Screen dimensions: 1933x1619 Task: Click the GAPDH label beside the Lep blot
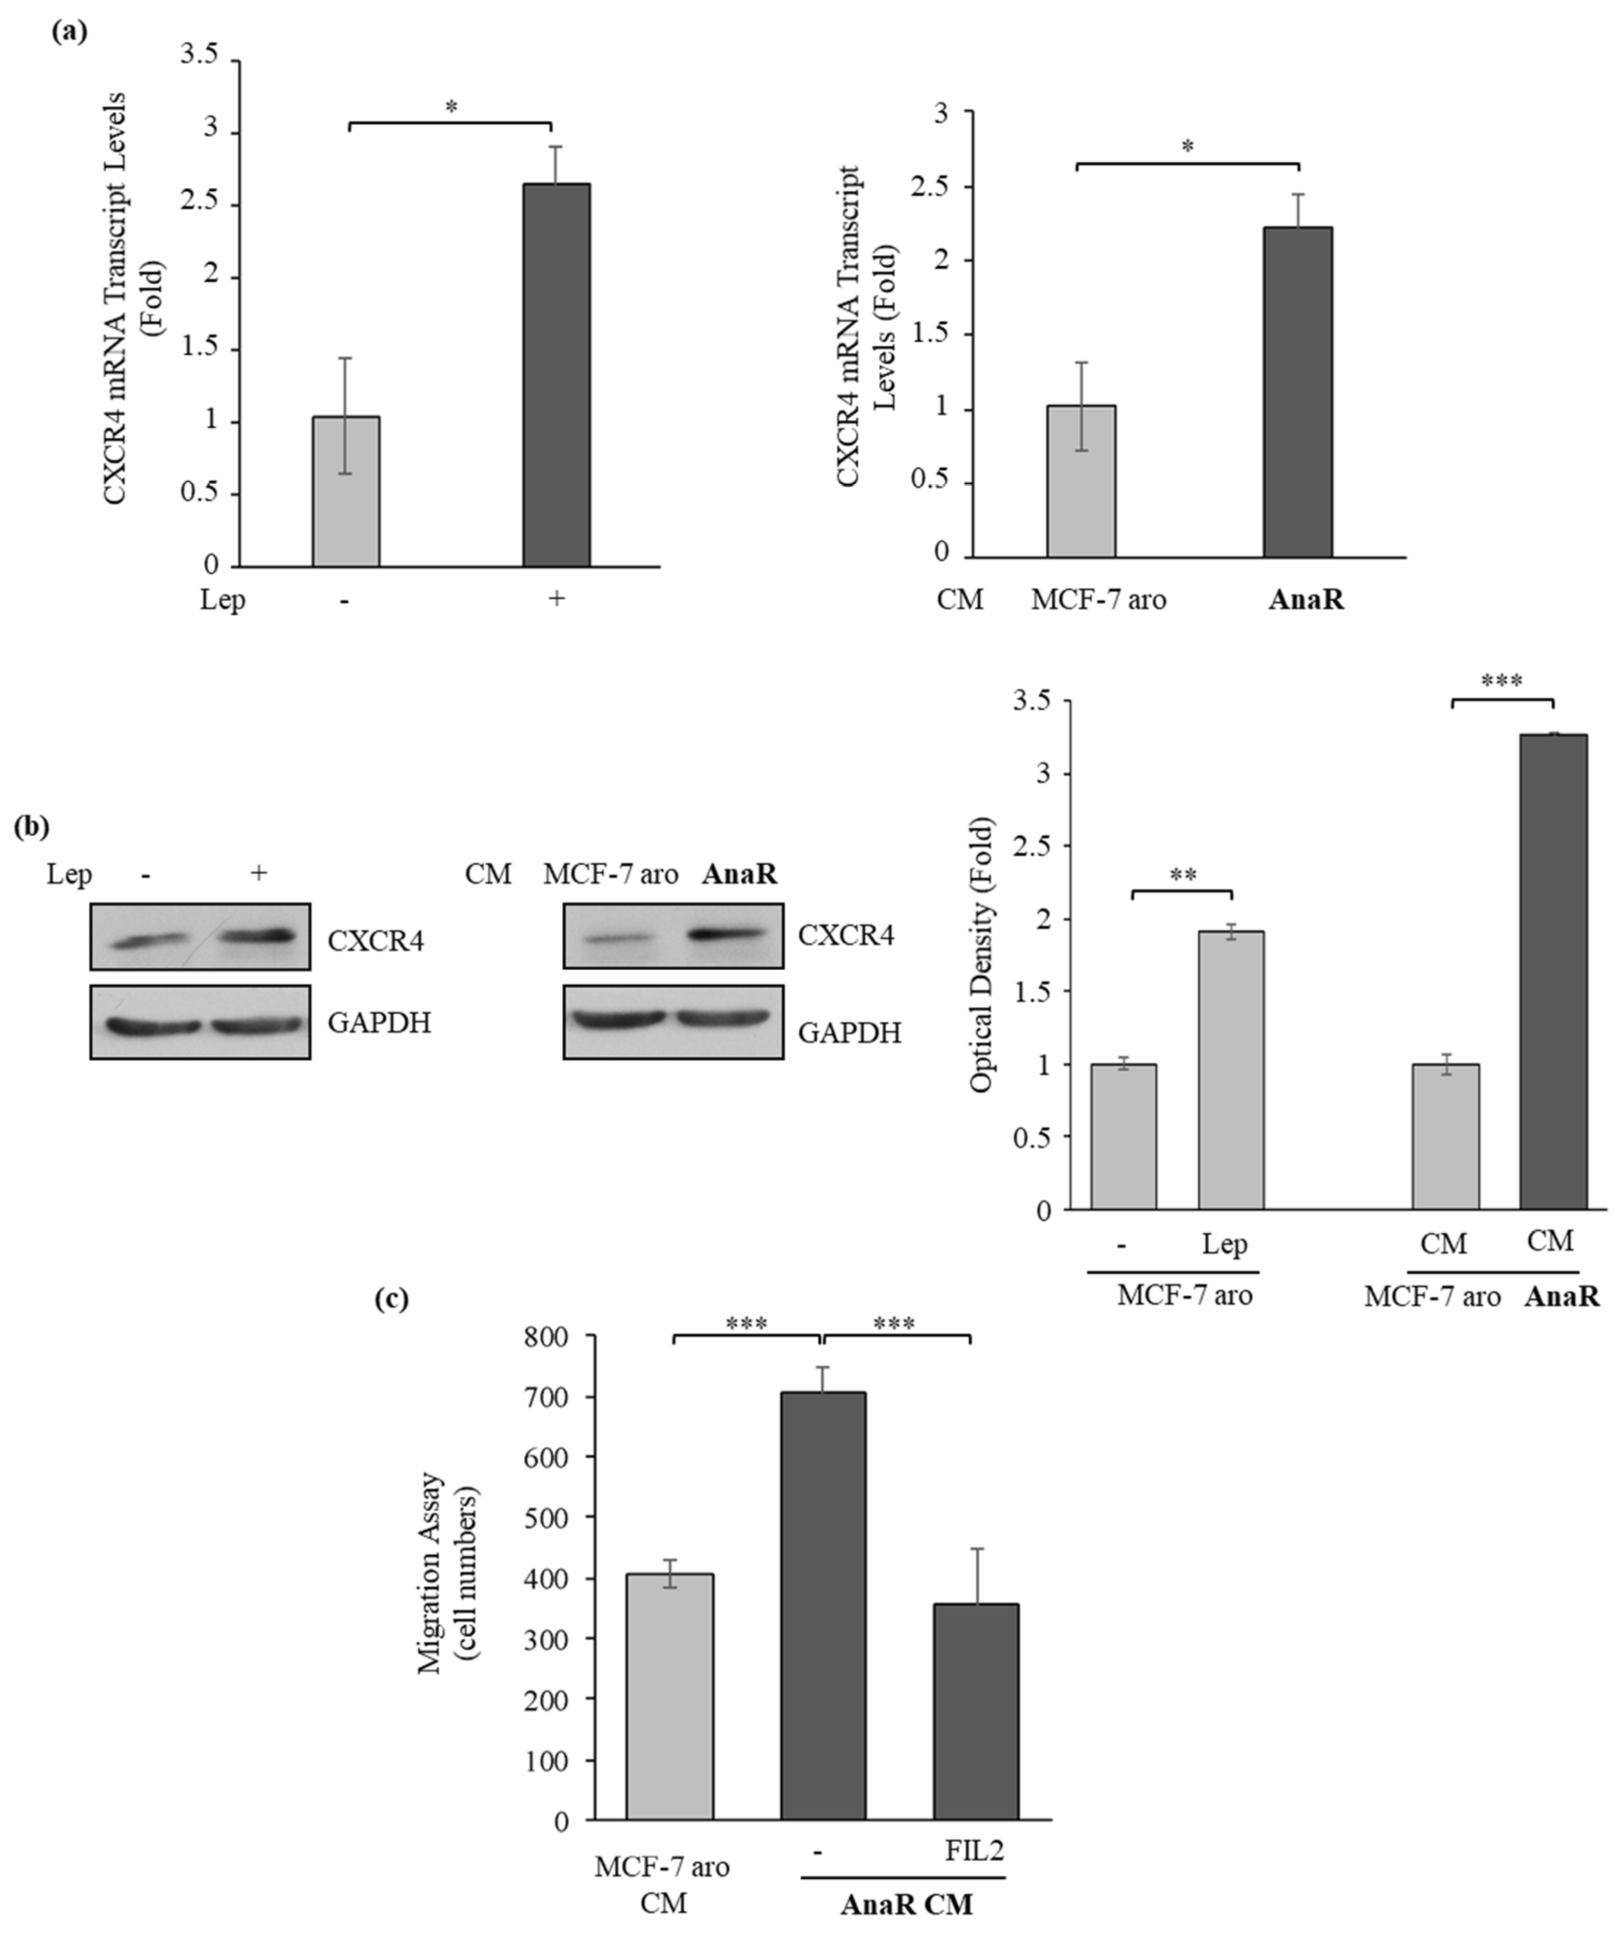378,1023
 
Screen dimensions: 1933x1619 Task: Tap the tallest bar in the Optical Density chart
1553,971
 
